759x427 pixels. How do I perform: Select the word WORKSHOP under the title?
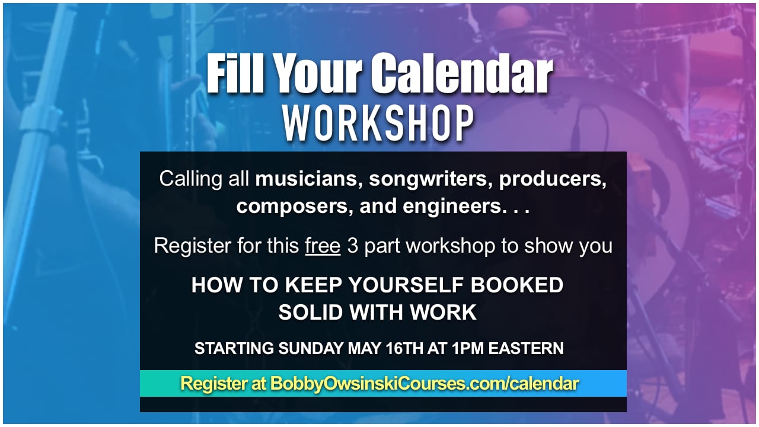coord(378,124)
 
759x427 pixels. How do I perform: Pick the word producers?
coord(553,179)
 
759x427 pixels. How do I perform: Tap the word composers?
coord(289,207)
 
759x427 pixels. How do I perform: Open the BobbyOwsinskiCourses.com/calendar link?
coord(425,384)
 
